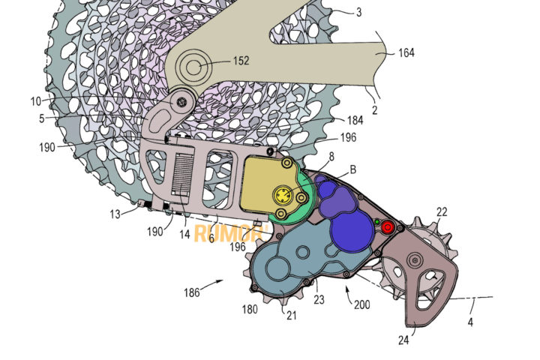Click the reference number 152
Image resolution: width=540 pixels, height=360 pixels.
point(241,61)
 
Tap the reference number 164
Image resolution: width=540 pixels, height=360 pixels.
point(406,53)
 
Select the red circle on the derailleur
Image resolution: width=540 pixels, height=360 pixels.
point(388,227)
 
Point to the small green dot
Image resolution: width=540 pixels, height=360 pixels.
point(377,222)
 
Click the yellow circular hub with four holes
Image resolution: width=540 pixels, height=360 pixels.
point(283,196)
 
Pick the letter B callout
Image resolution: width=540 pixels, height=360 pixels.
point(352,169)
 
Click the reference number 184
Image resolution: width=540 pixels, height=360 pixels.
point(355,120)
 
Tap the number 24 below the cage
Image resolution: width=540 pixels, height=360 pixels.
point(403,340)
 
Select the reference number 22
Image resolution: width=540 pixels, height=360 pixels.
point(442,211)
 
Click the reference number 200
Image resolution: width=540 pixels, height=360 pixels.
point(362,304)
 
